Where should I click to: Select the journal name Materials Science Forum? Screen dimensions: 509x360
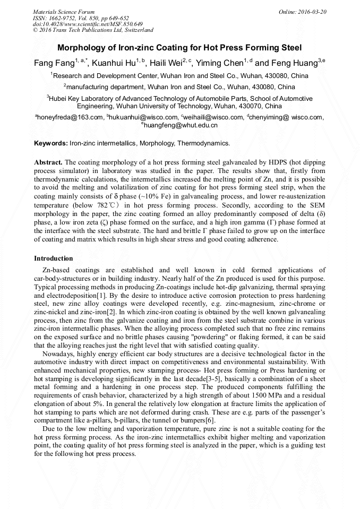[x=64, y=12]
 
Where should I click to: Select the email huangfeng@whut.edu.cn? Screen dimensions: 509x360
[x=181, y=126]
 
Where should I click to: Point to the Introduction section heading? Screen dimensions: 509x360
[x=53, y=258]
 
